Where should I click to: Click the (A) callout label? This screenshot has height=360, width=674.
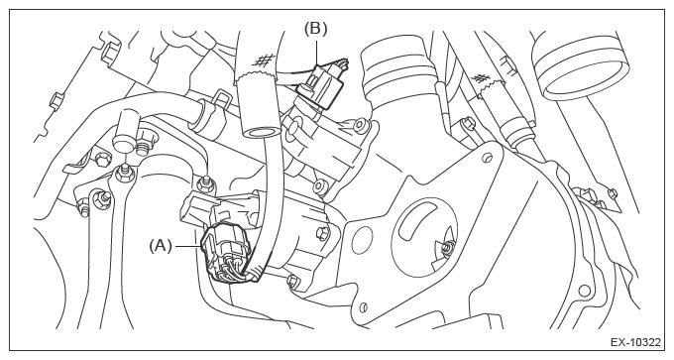(161, 246)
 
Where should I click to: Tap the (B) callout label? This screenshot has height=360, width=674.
(316, 29)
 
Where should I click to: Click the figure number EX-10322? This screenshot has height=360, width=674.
(635, 342)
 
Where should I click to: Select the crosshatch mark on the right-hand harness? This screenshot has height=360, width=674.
(481, 78)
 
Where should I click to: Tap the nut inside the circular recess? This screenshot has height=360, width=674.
(447, 246)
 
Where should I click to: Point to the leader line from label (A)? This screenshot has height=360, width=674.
(187, 246)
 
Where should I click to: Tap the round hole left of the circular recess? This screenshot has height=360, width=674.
(366, 234)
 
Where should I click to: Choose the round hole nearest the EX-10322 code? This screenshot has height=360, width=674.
(584, 292)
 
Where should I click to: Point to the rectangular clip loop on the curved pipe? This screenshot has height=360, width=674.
(220, 98)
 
